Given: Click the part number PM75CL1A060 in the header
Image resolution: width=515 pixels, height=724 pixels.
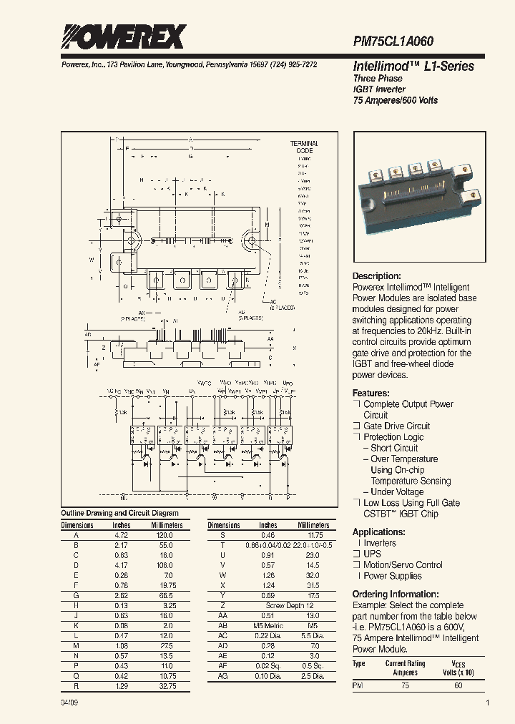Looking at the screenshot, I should coord(393,42).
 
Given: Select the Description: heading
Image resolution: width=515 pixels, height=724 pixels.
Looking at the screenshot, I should coord(376,276).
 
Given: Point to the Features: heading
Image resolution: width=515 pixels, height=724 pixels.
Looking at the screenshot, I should coord(371,393).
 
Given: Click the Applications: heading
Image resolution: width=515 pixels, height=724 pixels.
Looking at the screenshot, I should coord(379,532).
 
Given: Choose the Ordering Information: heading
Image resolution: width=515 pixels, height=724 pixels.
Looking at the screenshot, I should coord(395,595).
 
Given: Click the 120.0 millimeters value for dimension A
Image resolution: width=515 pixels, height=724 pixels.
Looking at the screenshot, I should coord(166,535).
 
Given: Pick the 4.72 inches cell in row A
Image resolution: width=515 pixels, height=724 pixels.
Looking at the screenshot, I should coord(122,535).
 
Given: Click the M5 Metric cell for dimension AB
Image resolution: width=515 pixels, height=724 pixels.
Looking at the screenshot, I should coord(268,625).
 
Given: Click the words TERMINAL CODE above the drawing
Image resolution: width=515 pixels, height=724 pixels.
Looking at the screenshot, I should coord(304,148).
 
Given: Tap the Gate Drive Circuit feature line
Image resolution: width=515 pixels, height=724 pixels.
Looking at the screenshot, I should coord(397,426).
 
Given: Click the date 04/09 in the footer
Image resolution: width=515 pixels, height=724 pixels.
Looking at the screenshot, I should coord(69,704).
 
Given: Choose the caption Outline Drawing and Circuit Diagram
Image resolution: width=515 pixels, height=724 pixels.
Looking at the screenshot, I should coord(119,513).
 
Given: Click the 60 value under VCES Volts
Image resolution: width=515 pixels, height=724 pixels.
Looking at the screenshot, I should coord(458,686).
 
